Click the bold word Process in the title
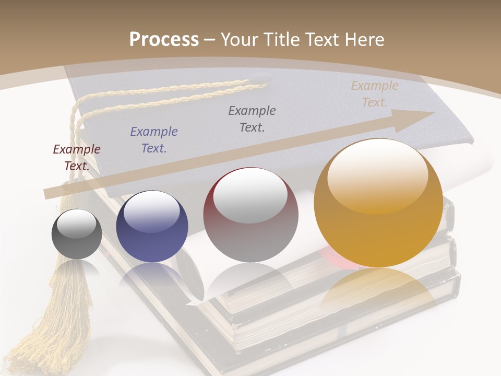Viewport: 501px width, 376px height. click(164, 40)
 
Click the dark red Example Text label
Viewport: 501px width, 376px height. click(77, 157)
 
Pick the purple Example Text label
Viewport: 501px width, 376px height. click(154, 139)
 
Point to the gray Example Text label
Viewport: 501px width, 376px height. click(252, 119)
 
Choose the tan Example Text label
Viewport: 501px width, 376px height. click(374, 94)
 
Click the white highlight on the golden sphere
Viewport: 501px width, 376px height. click(377, 175)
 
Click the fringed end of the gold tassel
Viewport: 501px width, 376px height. click(50, 339)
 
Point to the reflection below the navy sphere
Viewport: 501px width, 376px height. click(152, 277)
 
